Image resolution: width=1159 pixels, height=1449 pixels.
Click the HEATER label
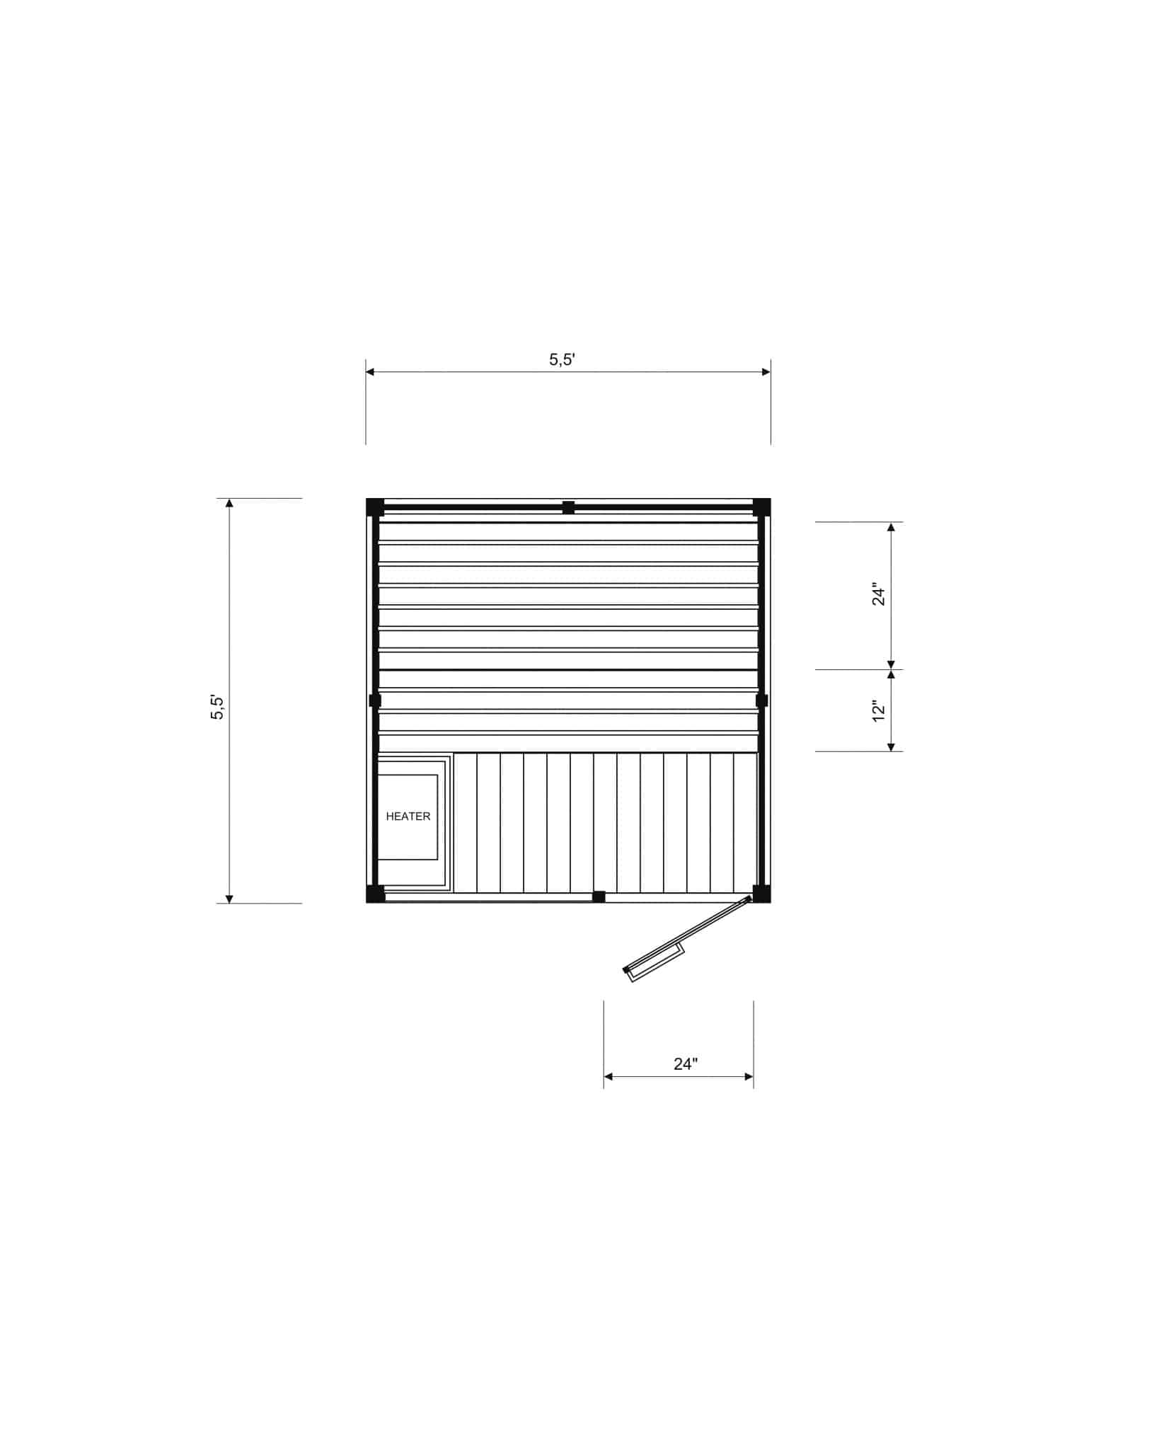point(408,816)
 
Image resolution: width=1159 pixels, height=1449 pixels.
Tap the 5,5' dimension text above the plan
point(562,359)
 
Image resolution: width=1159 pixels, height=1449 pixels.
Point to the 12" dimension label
point(879,711)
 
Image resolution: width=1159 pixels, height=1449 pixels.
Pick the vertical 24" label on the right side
point(879,594)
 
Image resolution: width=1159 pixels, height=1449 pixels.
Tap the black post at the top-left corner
point(375,507)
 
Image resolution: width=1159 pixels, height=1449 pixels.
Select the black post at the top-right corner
point(761,507)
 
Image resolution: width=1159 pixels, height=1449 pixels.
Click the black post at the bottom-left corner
point(375,894)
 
